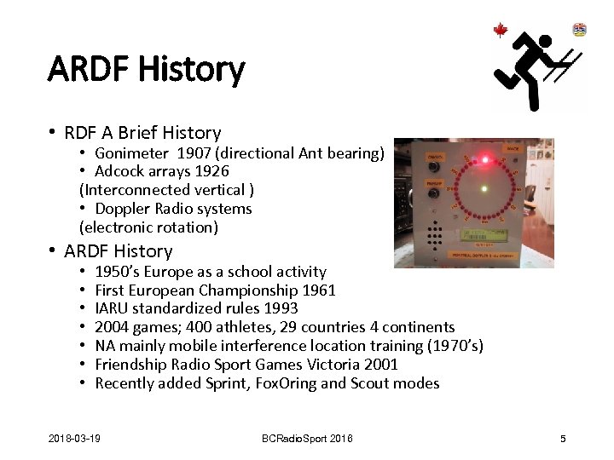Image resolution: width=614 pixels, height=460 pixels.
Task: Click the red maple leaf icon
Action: tap(501, 31)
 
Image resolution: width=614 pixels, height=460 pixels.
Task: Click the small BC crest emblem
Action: tap(580, 30)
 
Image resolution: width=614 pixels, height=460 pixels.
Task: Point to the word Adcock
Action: tap(121, 171)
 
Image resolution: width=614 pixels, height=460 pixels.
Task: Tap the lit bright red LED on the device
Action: tap(486, 159)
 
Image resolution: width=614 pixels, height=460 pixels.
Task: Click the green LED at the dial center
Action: tap(484, 189)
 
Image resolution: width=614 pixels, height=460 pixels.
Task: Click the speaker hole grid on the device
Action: tap(435, 234)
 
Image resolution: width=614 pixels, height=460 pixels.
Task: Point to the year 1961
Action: tap(319, 290)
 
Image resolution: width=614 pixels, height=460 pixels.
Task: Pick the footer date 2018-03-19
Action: tap(74, 439)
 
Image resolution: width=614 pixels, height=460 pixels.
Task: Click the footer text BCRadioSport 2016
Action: tap(306, 439)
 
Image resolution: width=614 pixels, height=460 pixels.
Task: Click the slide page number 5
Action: tap(563, 439)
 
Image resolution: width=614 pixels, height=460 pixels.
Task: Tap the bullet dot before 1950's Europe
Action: tap(83, 272)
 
